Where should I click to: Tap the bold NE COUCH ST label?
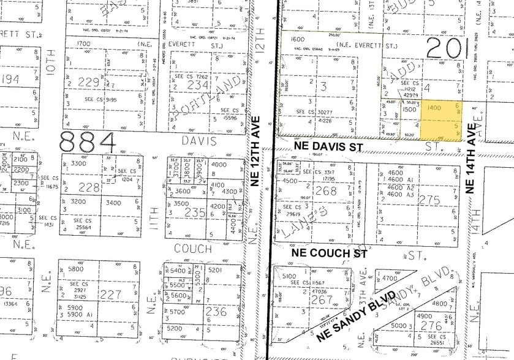pos(329,253)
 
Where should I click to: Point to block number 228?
pos(91,187)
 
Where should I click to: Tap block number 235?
pos(196,212)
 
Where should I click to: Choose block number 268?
pos(325,192)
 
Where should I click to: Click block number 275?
pos(433,199)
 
